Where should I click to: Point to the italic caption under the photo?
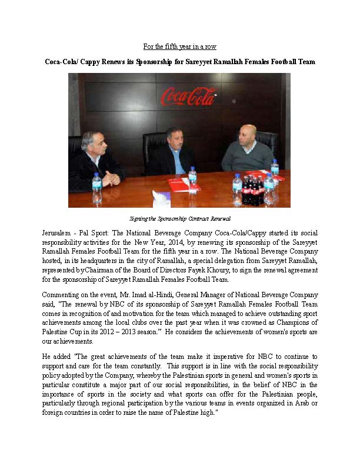[x=179, y=218]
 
